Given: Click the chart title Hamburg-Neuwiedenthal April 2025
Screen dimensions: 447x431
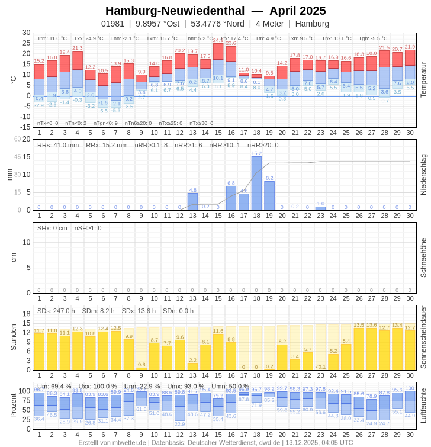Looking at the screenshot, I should [215, 11].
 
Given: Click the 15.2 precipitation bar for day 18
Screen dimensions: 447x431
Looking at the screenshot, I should [256, 184].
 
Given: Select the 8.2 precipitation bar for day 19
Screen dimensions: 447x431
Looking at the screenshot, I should [269, 196].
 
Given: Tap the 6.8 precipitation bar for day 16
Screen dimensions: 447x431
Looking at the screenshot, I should [231, 198].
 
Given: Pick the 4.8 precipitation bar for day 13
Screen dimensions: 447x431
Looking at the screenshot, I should [192, 202].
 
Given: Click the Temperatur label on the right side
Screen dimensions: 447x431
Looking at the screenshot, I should [423, 79].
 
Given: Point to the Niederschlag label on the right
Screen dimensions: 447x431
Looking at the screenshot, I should [423, 175].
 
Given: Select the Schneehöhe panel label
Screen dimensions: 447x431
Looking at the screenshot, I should [423, 258].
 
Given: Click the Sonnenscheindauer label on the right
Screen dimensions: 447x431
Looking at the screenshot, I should [423, 337].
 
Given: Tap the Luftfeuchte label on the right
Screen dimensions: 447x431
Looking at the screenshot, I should [423, 406].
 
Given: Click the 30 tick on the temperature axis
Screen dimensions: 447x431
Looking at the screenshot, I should [27, 33].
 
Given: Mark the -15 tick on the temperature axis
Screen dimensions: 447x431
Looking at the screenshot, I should [25, 127].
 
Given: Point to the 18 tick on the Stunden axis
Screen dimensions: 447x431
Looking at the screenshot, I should [27, 314].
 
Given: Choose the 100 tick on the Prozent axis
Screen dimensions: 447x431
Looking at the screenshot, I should [24, 391].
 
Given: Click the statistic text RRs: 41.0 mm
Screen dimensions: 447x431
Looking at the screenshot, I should [58, 145].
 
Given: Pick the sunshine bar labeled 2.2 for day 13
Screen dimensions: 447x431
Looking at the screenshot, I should [192, 366].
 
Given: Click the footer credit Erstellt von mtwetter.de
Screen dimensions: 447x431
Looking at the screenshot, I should [112, 442].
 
